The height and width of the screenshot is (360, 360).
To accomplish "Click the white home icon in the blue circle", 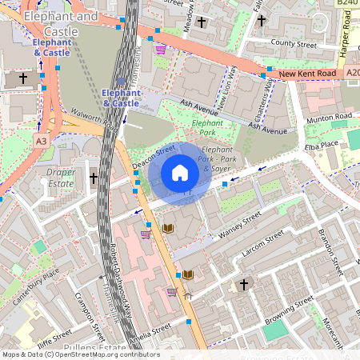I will [180, 173].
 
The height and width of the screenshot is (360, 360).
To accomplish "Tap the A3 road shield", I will [41, 140].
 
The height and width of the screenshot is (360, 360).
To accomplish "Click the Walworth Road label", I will [89, 119].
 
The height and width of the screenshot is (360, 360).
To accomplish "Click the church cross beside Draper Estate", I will [94, 178].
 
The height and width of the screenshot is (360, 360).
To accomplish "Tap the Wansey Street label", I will [240, 227].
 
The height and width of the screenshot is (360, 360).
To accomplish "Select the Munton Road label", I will [330, 118].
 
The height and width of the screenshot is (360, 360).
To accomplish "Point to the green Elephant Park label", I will [207, 124].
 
